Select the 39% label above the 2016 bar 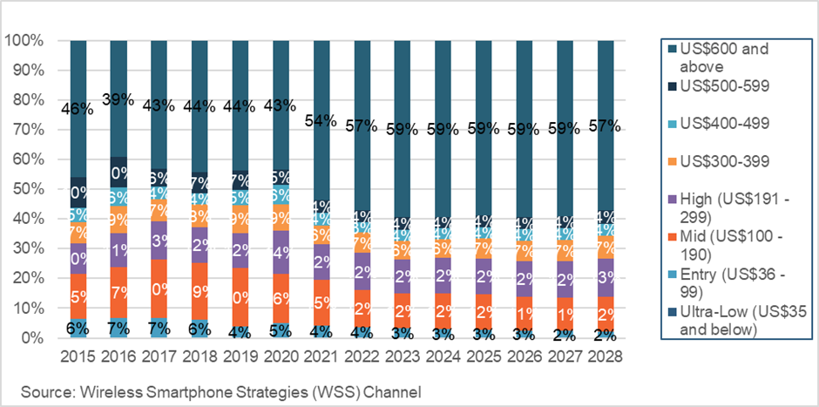[x=118, y=100]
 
